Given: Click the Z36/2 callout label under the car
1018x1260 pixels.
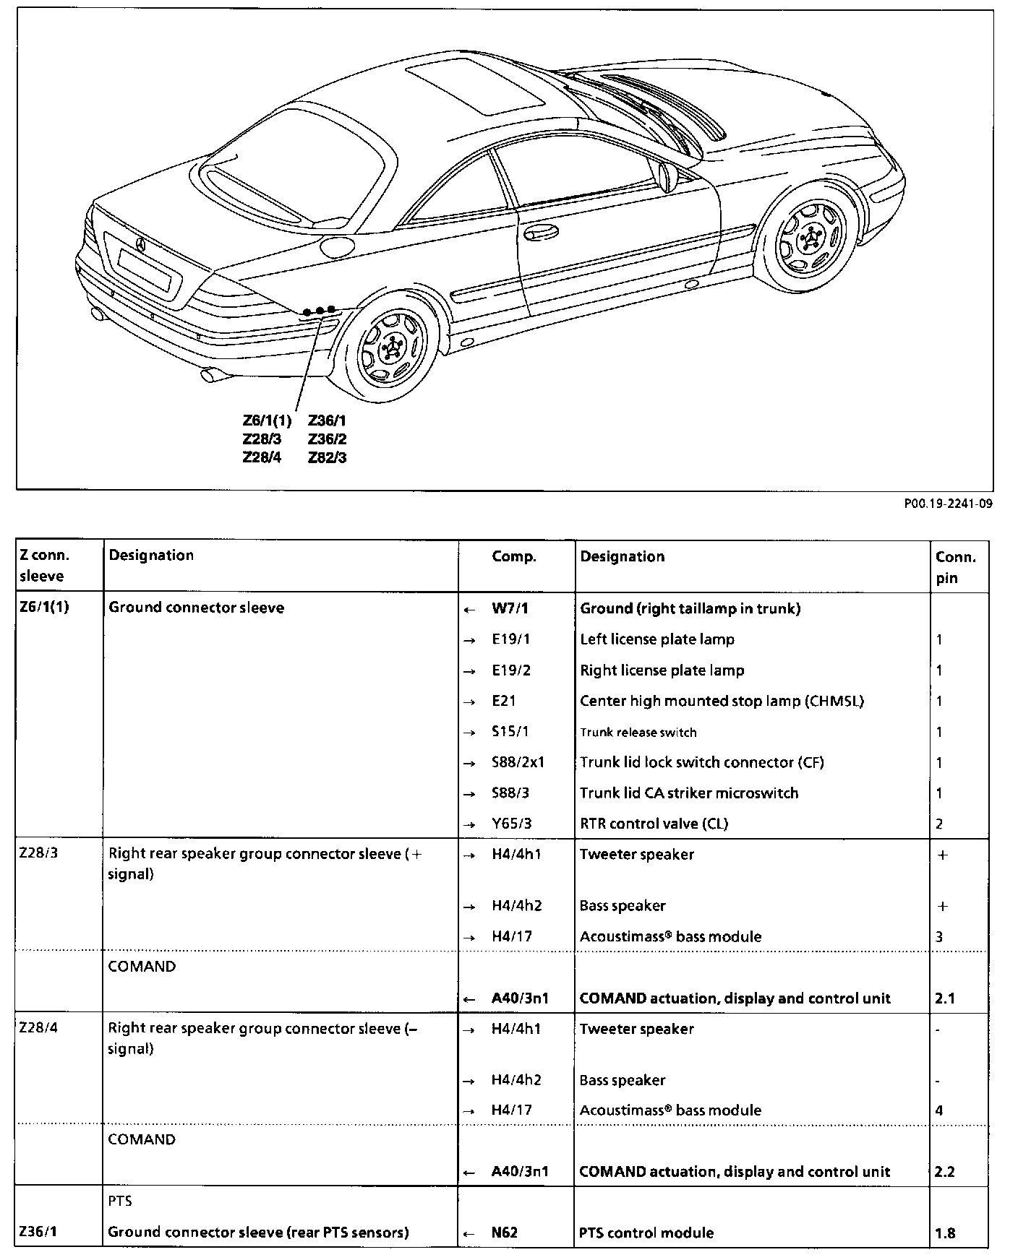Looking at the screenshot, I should coord(327,439).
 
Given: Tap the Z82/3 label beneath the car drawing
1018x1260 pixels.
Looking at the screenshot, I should coord(327,457).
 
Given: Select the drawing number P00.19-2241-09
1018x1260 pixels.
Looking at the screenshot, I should coord(948,504).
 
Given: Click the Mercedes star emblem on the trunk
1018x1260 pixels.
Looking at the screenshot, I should coord(140,244).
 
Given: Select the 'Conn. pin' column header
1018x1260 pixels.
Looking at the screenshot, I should coord(955,567).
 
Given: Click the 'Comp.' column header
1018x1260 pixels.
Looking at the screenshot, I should coord(514,556).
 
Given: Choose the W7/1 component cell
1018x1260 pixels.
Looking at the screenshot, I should coord(510,608).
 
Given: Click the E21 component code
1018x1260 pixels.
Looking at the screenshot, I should coord(504,701).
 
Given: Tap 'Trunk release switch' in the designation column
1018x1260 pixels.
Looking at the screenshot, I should coord(638,732).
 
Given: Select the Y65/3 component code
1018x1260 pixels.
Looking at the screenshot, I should coord(511,824).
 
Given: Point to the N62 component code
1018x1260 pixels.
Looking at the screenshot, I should coord(505,1233).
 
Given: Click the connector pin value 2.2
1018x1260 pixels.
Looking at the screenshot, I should coord(944,1171).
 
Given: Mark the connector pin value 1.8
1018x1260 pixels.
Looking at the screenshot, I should coord(944,1233).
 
